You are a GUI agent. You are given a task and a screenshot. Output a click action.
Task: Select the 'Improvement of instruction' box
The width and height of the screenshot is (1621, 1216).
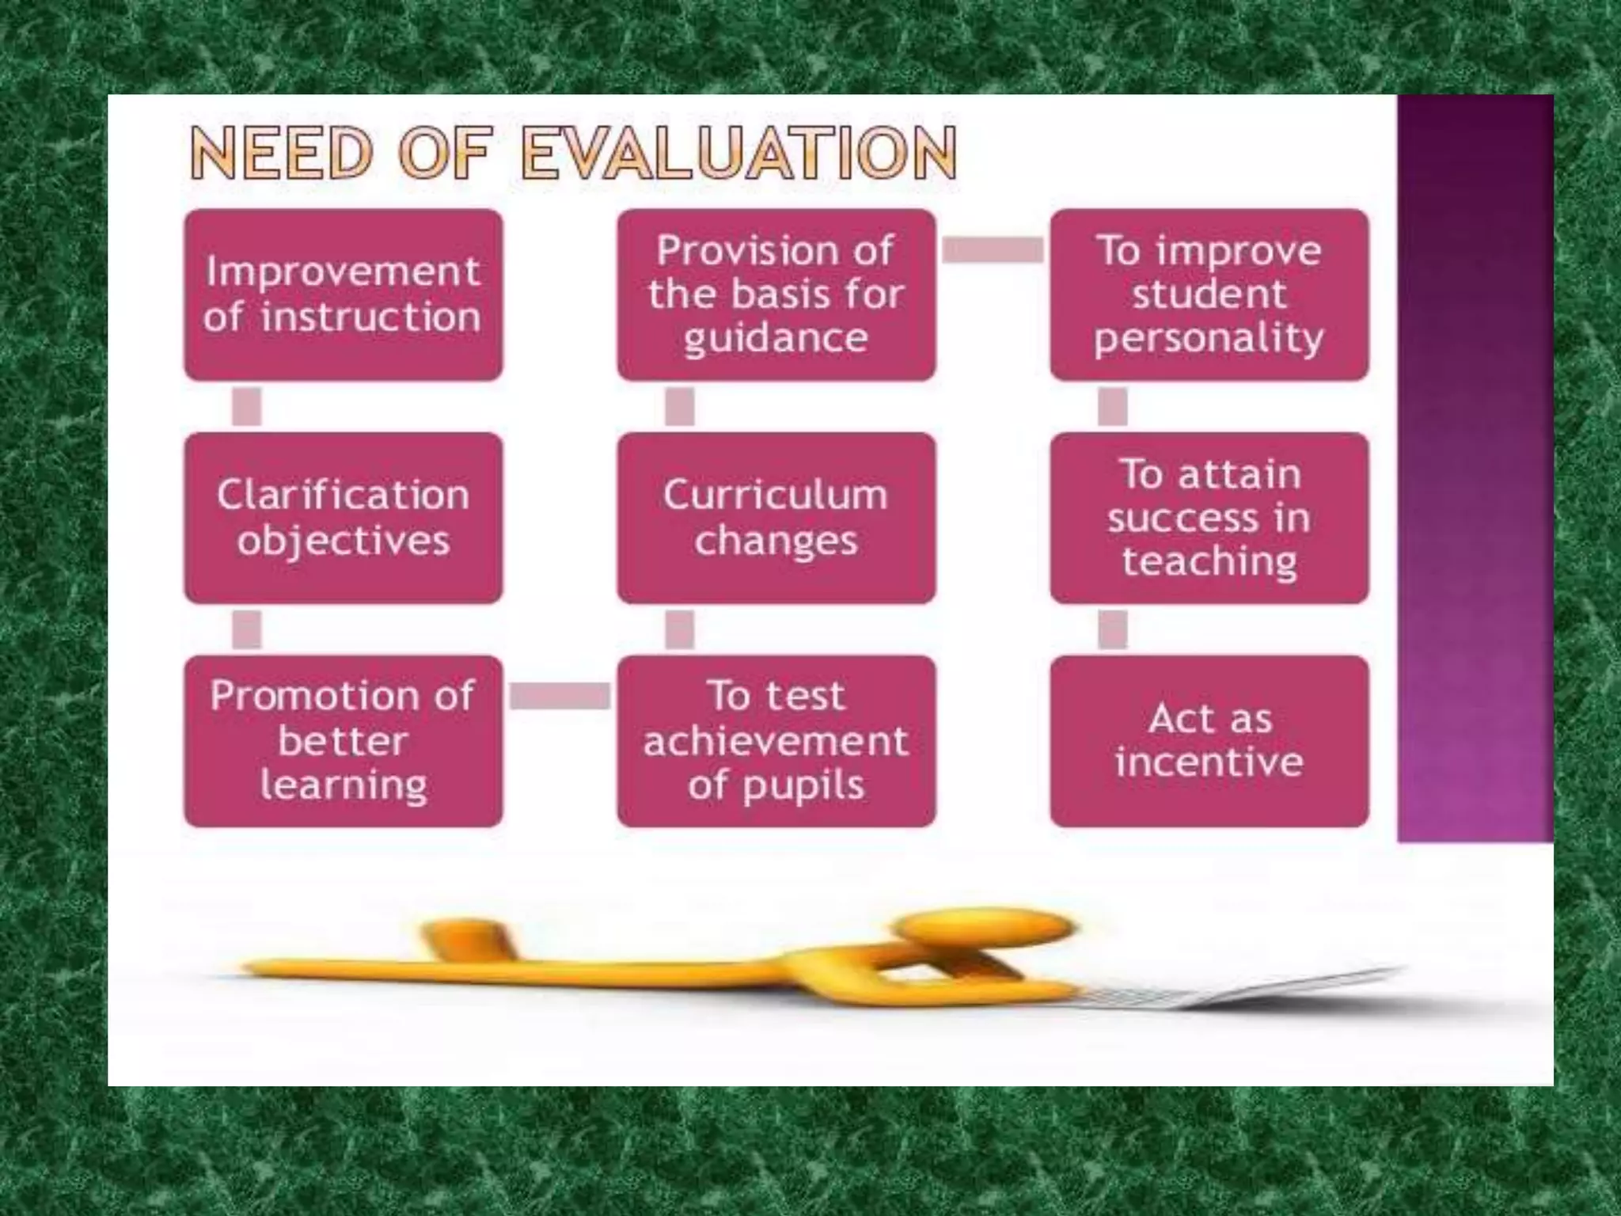343,294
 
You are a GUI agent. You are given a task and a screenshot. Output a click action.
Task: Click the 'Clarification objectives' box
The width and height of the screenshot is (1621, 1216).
343,518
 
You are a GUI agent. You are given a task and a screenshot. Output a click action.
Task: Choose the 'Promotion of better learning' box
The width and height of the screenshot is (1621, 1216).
343,741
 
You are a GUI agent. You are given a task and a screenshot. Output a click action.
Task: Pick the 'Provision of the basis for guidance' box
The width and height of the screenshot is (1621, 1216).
776,294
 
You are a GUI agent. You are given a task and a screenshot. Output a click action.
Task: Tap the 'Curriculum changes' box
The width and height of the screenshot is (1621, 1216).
776,518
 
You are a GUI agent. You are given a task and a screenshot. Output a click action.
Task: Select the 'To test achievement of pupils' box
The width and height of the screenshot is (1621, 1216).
776,741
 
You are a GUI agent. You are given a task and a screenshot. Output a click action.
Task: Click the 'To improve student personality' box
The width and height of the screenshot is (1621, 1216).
1209,294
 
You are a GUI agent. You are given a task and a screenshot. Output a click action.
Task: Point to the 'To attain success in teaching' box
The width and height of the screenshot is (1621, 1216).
1209,518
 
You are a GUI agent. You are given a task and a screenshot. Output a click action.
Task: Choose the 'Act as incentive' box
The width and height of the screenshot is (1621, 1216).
1209,741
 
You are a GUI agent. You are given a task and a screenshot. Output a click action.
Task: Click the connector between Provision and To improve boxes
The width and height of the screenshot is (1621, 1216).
993,250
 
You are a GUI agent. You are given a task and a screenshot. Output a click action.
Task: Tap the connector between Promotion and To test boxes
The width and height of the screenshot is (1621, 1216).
560,697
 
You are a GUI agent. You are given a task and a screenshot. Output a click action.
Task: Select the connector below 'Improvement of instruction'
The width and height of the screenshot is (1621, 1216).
246,407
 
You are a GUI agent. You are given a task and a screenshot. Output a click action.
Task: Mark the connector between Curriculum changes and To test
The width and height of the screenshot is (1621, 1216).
679,630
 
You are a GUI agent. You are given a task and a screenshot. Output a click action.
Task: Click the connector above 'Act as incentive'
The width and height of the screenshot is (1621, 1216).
1112,630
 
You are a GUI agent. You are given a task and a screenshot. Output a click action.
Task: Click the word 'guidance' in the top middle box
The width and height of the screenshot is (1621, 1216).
776,339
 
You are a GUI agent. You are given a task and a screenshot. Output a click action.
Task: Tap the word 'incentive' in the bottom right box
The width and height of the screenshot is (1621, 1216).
1209,762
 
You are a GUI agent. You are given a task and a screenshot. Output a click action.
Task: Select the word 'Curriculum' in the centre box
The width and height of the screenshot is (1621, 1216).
776,496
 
